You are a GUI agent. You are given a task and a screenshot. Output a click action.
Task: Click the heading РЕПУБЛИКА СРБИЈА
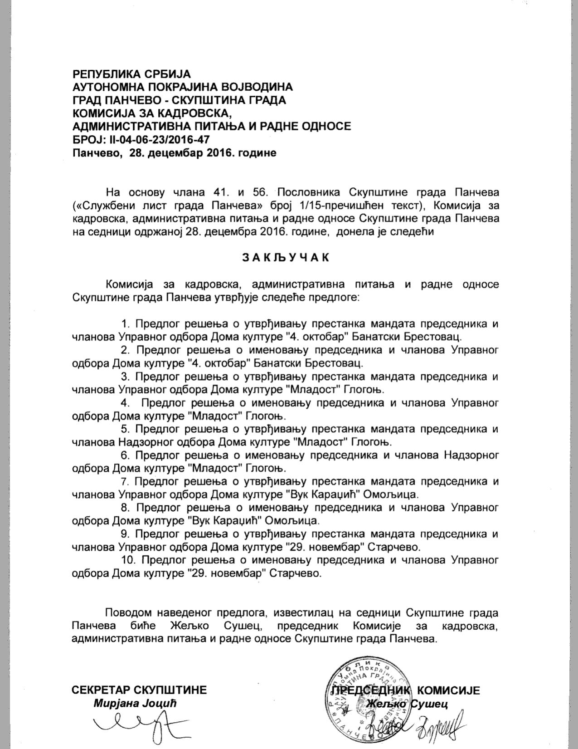coord(131,73)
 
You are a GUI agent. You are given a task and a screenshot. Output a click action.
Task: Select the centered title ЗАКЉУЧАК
coord(286,257)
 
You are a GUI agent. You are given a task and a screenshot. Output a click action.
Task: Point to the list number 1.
coord(126,324)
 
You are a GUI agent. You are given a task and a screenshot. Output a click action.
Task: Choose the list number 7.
coord(126,481)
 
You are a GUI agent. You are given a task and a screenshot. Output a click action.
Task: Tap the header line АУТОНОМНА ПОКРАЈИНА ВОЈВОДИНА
coord(182,87)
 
